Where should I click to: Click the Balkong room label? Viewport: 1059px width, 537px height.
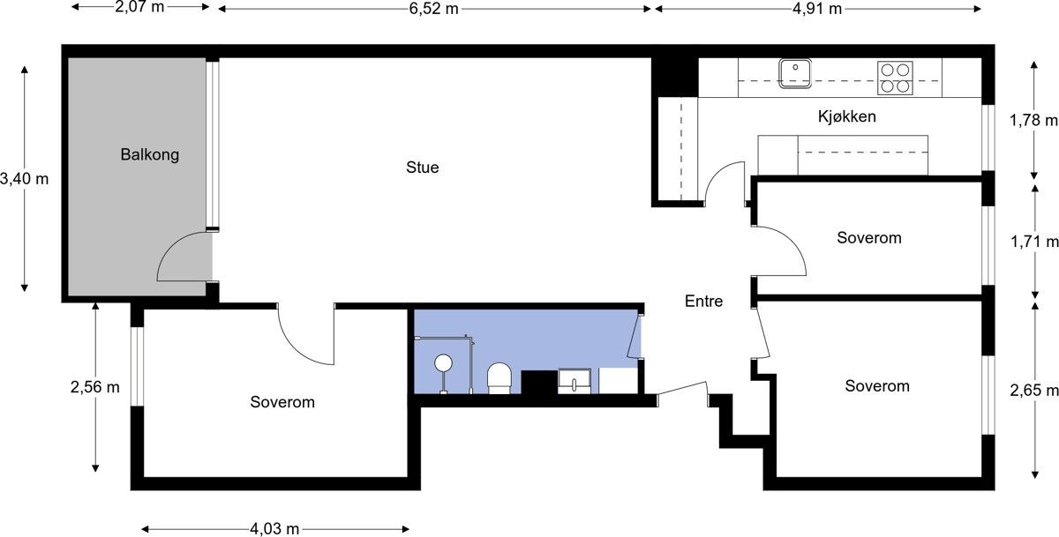150,155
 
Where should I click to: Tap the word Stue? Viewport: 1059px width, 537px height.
422,168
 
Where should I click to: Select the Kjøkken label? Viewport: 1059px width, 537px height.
846,116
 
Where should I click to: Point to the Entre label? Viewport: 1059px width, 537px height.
703,302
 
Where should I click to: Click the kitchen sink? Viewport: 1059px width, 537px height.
795,73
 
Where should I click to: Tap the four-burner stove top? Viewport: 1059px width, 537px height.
895,78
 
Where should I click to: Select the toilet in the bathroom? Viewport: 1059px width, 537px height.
499,377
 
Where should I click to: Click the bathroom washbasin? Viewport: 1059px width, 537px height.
575,381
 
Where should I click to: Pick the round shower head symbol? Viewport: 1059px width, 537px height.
443,362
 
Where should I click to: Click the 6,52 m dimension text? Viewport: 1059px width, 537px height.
434,9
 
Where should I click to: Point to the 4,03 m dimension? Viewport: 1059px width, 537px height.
274,529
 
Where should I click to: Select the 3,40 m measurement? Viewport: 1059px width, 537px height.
25,179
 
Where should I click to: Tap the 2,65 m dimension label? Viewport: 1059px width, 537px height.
1034,391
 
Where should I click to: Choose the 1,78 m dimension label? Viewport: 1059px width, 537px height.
1034,121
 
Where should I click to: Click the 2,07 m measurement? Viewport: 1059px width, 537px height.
140,7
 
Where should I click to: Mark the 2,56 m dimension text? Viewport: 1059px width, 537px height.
95,387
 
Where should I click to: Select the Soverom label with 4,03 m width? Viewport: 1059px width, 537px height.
282,402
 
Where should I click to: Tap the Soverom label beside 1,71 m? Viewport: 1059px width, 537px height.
869,237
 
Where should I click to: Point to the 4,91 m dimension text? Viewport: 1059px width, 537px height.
817,9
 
